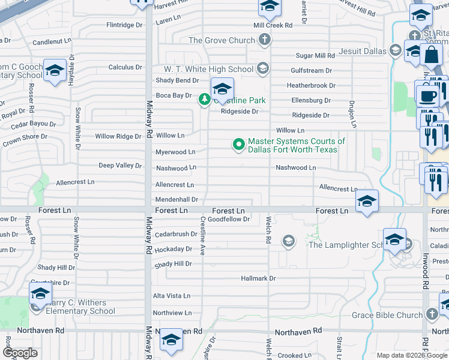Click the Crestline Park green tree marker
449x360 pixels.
pyautogui.click(x=205, y=100)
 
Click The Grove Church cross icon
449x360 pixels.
pyautogui.click(x=264, y=41)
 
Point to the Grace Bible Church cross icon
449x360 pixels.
pyautogui.click(x=432, y=314)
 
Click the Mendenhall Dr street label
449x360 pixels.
pyautogui.click(x=176, y=199)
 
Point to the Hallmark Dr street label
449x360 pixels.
pyautogui.click(x=258, y=278)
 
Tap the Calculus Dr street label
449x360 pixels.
pyautogui.click(x=125, y=67)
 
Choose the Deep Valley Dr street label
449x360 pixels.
pyautogui.click(x=120, y=166)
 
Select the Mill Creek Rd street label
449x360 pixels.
pyautogui.click(x=273, y=25)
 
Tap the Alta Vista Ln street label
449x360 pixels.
pyautogui.click(x=171, y=296)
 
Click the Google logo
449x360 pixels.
pyautogui.click(x=20, y=353)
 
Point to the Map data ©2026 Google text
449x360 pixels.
pyautogui.click(x=411, y=355)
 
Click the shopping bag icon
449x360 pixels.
pyautogui.click(x=431, y=56)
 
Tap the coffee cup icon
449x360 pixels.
pyautogui.click(x=427, y=96)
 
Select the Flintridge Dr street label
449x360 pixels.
pyautogui.click(x=124, y=25)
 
